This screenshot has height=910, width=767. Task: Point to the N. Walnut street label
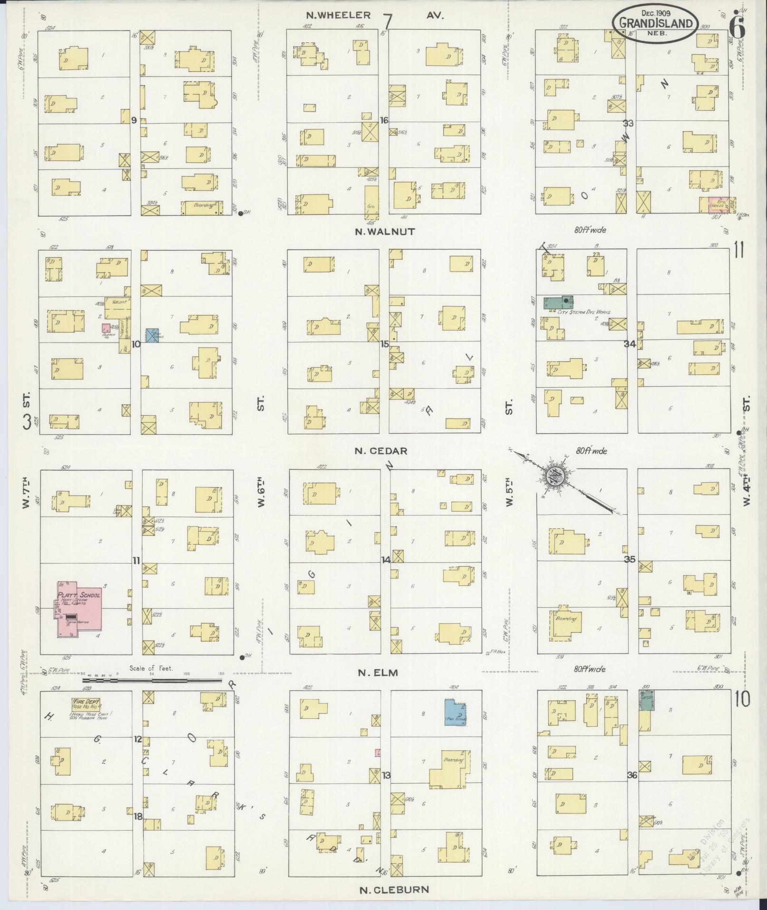[385, 232]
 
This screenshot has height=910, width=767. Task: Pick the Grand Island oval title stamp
[656, 22]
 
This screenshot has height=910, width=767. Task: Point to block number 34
[631, 344]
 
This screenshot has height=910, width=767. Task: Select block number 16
[384, 120]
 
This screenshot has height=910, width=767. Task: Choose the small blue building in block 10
[153, 335]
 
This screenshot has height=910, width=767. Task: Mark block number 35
[630, 559]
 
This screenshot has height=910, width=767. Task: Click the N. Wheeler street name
[338, 15]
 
